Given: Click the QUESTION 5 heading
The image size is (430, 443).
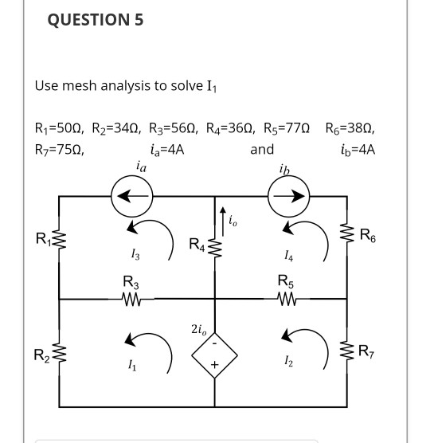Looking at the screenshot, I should pyautogui.click(x=96, y=21).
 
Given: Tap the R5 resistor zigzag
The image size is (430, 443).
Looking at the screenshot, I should pyautogui.click(x=284, y=299).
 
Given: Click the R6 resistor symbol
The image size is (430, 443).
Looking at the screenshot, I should pyautogui.click(x=347, y=237).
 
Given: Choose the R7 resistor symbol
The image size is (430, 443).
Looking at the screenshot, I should pyautogui.click(x=347, y=349).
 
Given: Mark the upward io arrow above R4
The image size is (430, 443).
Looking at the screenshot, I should pyautogui.click(x=222, y=213).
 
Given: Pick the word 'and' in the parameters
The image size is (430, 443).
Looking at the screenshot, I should pyautogui.click(x=261, y=149).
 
